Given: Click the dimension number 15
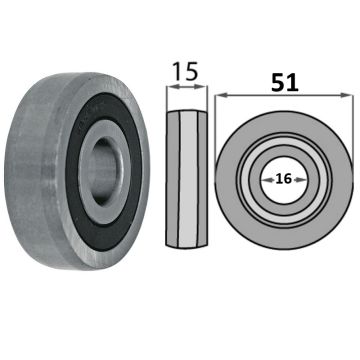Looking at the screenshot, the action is pyautogui.click(x=185, y=71).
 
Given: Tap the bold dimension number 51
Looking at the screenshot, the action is pyautogui.click(x=285, y=82).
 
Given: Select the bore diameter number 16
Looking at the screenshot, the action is pyautogui.click(x=284, y=179).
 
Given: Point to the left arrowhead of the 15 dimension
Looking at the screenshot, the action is pyautogui.click(x=171, y=86).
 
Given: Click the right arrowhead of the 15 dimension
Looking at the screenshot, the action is pyautogui.click(x=203, y=86).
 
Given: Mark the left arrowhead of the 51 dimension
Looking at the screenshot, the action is pyautogui.click(x=221, y=95).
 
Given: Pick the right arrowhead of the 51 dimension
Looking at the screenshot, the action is pyautogui.click(x=347, y=95).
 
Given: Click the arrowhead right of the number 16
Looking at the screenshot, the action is pyautogui.click(x=300, y=180).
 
